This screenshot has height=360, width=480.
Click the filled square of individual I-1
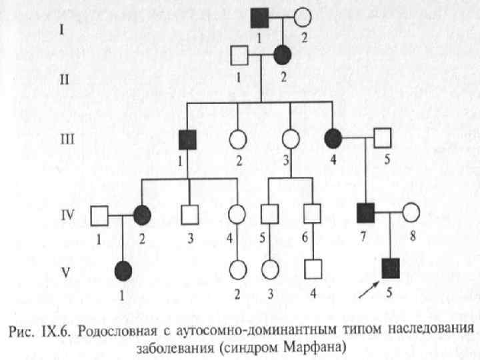tap(259, 18)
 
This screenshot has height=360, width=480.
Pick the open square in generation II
tap(239, 55)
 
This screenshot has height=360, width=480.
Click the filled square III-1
tap(187, 139)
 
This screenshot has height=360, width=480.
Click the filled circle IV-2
tap(141, 215)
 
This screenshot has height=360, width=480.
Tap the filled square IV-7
tap(365, 213)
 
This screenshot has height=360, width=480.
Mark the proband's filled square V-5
tap(390, 268)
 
